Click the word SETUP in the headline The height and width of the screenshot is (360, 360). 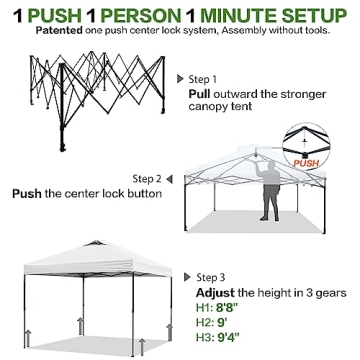319,14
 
